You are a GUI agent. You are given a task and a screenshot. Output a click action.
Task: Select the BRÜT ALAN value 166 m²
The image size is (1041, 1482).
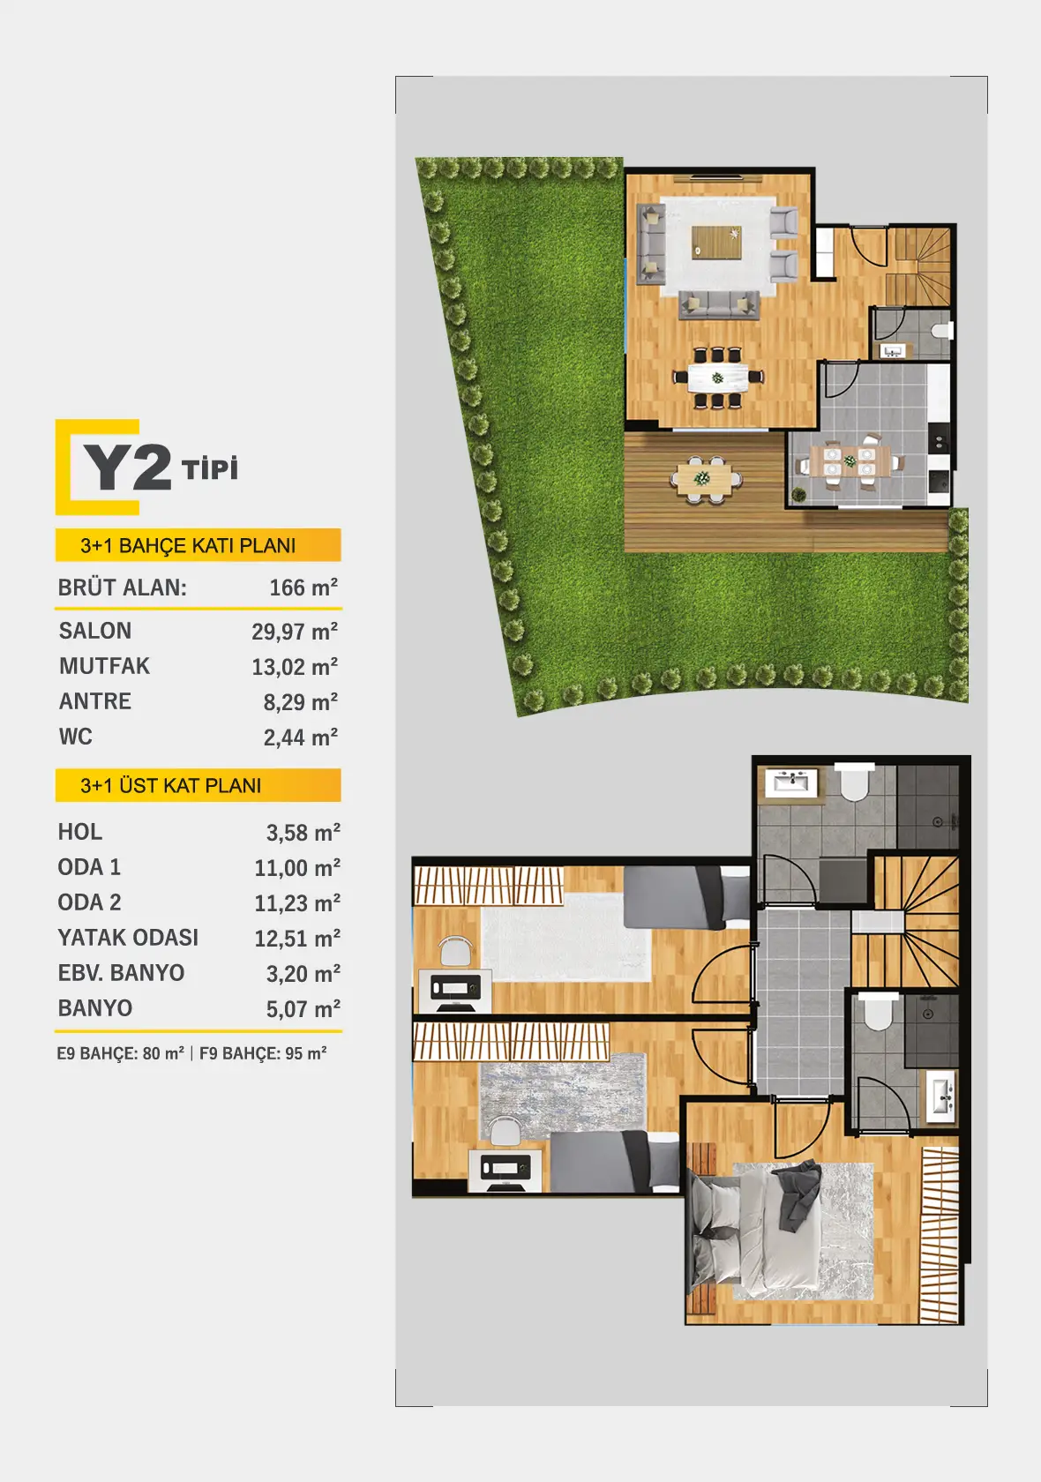tap(303, 588)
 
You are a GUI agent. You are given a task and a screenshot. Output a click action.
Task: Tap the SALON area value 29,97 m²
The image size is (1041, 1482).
tap(295, 632)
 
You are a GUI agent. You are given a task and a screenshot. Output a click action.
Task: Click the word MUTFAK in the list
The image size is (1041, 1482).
tap(105, 666)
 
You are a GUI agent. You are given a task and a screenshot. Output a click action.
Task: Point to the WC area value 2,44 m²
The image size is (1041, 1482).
tap(301, 737)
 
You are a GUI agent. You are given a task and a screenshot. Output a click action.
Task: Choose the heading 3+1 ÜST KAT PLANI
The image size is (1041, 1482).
tap(171, 785)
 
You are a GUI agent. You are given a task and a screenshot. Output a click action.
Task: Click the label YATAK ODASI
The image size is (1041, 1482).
tap(128, 938)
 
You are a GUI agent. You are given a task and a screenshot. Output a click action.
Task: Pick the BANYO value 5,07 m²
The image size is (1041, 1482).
tap(303, 1009)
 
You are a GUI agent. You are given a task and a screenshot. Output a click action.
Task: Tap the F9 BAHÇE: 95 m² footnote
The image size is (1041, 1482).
tap(263, 1053)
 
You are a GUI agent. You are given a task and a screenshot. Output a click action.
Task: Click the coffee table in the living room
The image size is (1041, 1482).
tap(716, 242)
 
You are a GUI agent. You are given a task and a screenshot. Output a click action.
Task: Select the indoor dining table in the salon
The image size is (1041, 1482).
tap(718, 378)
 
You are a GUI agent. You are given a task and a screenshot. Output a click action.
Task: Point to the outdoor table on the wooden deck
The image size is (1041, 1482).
tap(706, 478)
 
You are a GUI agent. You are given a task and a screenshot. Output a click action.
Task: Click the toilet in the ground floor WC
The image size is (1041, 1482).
tap(941, 330)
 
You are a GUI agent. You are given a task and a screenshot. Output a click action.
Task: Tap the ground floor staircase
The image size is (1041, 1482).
tap(918, 266)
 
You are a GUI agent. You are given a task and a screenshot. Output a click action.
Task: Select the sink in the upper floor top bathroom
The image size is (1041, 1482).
tap(790, 782)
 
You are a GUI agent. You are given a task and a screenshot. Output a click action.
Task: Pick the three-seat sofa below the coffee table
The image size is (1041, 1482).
tap(719, 305)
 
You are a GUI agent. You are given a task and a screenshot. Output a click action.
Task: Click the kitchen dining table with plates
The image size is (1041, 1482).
tap(850, 460)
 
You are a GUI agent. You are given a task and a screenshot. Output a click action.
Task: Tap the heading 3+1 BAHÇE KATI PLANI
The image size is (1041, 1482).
tap(188, 546)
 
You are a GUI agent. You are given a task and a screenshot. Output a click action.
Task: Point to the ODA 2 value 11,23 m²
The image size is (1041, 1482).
tap(298, 903)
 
